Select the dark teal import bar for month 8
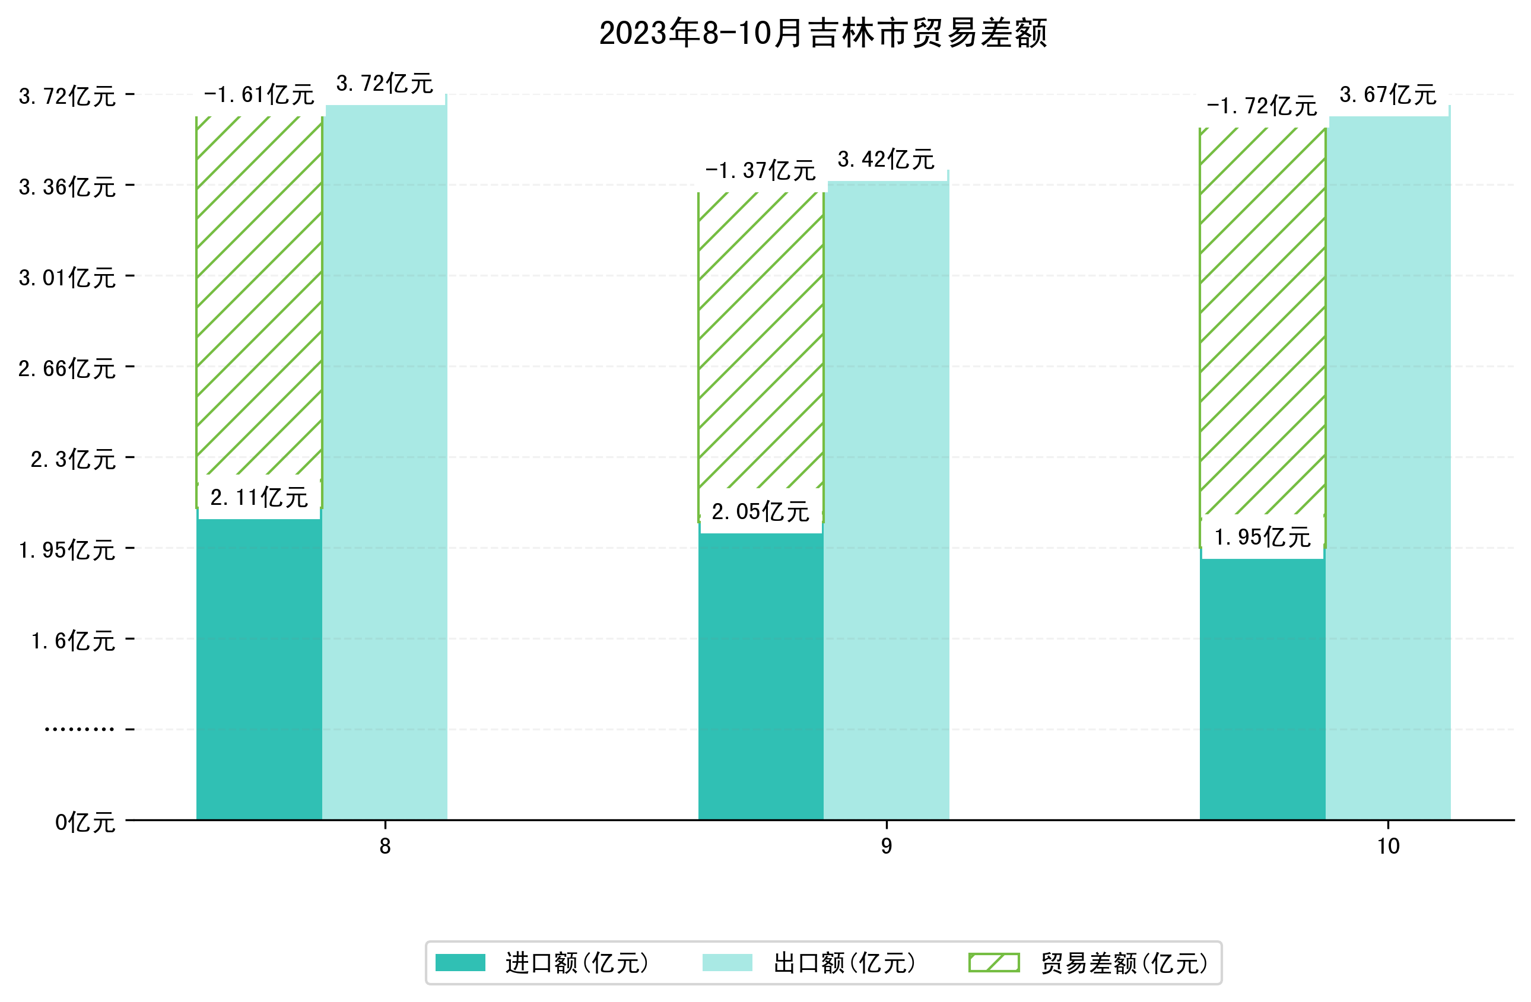click(x=259, y=669)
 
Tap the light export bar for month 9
click(x=886, y=502)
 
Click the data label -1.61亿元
click(x=259, y=95)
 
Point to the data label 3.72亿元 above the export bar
click(x=385, y=84)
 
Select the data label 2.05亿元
click(x=760, y=512)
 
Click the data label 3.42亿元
click(x=886, y=160)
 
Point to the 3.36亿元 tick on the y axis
click(x=67, y=187)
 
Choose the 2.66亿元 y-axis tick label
click(x=67, y=368)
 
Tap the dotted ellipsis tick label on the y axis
click(x=79, y=729)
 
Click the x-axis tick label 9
click(x=886, y=847)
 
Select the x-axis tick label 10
click(x=1388, y=847)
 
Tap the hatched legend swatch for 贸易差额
click(x=994, y=963)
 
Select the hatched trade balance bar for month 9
click(x=760, y=341)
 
